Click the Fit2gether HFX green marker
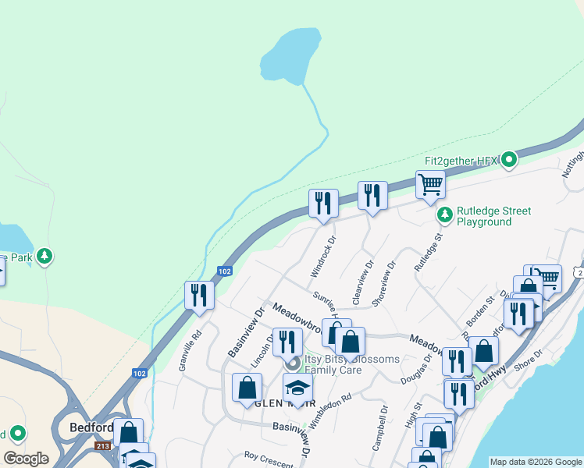coord(510,160)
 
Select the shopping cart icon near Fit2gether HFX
coord(430,185)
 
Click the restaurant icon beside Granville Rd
coord(199,295)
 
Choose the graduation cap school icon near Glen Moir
coord(297,387)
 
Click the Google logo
coord(26,459)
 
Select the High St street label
coord(411,414)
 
